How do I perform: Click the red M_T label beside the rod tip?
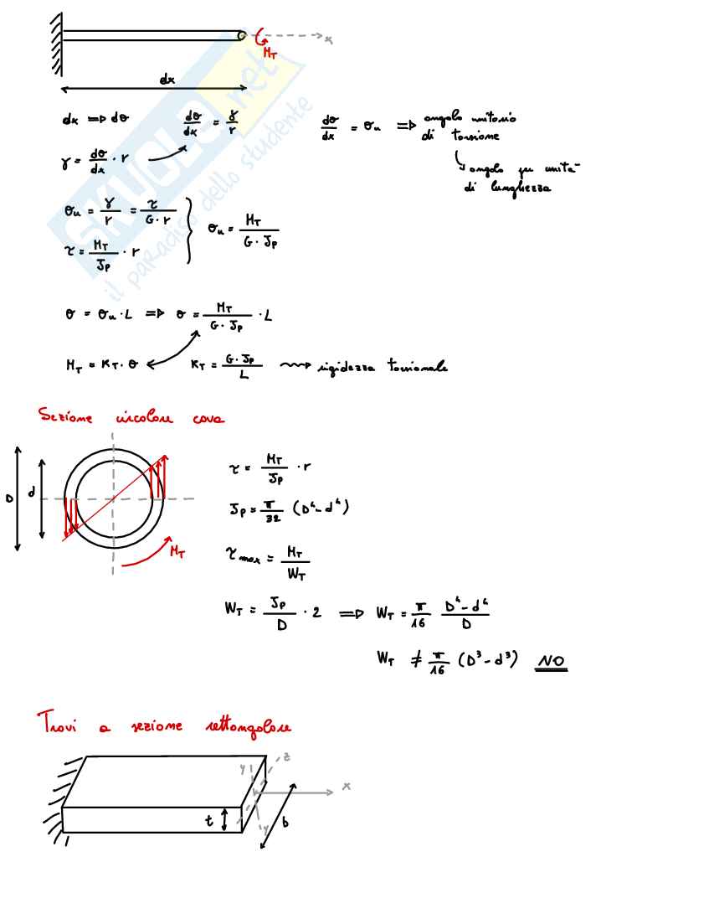coord(270,53)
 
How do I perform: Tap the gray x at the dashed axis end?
coord(329,39)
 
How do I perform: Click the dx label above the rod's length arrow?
coord(167,80)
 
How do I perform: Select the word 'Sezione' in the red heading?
coord(65,416)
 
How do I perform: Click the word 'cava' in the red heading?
coord(208,418)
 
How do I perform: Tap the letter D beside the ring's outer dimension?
coord(9,499)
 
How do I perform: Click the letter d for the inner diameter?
coord(33,493)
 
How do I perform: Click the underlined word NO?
coord(551,662)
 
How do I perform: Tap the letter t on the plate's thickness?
coord(209,821)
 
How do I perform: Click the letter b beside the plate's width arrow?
coord(285,823)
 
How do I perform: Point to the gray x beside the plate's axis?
coord(346,787)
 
